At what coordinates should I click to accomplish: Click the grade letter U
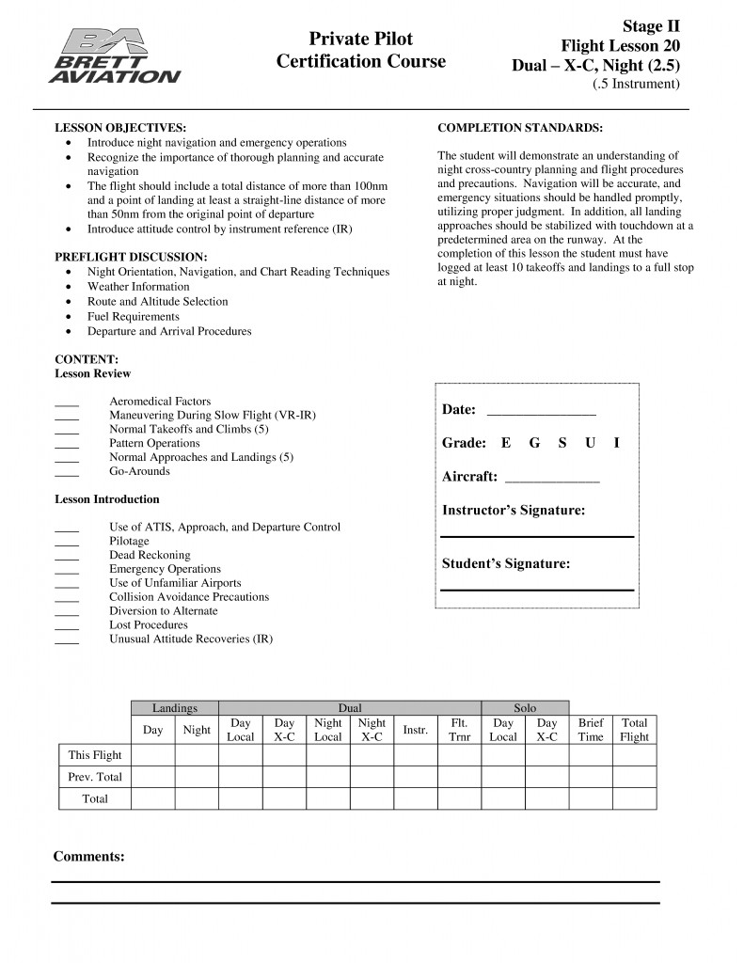pos(590,443)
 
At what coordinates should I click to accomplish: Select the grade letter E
pos(506,443)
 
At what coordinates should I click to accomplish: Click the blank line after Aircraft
pos(552,480)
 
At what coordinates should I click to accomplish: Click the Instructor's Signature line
pos(537,535)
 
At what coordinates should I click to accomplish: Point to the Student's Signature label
pos(506,564)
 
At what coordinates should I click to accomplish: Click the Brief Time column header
pos(591,730)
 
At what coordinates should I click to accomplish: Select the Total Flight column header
pos(634,730)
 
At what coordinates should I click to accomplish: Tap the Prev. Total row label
pos(95,777)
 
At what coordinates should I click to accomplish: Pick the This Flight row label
pos(95,754)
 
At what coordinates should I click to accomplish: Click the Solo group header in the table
pos(525,708)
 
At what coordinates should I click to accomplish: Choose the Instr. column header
pos(415,730)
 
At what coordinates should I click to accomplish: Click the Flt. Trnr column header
pos(459,730)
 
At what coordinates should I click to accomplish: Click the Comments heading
pos(89,856)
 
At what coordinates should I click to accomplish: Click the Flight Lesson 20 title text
pos(620,45)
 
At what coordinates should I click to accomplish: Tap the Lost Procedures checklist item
pos(149,624)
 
